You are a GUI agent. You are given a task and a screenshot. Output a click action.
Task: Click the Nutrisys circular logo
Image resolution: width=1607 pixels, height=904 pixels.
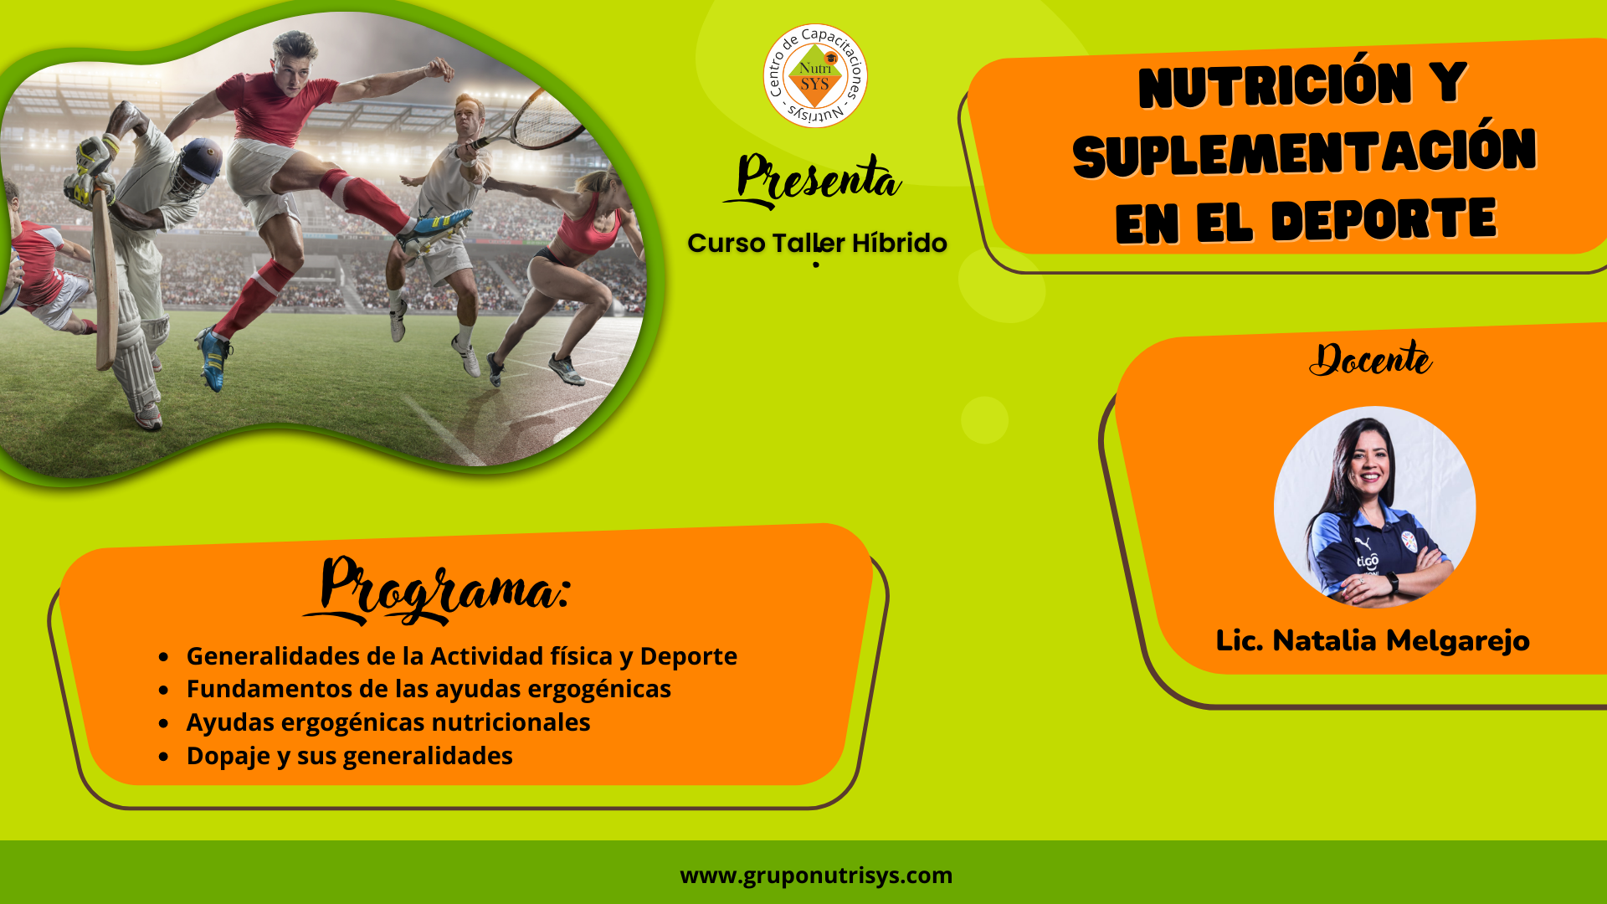815,76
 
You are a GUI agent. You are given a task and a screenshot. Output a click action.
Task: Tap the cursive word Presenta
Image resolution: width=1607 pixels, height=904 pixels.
812,180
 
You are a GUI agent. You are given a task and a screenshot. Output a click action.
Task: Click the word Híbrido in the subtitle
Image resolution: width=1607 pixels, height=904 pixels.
899,243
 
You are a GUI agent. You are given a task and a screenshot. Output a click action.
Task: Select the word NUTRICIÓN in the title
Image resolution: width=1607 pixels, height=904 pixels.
1275,86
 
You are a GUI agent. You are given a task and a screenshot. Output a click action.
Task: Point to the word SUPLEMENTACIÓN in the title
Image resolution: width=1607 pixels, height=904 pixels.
1305,152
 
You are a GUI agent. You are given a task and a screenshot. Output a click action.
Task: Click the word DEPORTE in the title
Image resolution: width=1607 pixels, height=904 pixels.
1384,220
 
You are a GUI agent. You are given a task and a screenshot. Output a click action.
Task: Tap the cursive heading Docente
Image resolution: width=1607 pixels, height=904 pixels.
1370,359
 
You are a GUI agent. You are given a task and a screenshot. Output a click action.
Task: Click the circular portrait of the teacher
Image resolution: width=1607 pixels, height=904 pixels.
1374,507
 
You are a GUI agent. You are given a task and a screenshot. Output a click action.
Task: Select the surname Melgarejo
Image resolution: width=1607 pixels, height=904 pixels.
1458,641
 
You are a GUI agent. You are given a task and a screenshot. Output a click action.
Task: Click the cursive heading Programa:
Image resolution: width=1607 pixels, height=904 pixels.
437,589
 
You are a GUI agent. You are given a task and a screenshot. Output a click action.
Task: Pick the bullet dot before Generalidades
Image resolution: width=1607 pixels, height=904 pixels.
164,656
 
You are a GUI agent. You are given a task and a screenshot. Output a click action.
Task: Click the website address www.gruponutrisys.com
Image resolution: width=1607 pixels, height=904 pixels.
816,876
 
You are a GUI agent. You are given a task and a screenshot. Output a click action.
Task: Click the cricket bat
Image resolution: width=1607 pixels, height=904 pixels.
105,276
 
